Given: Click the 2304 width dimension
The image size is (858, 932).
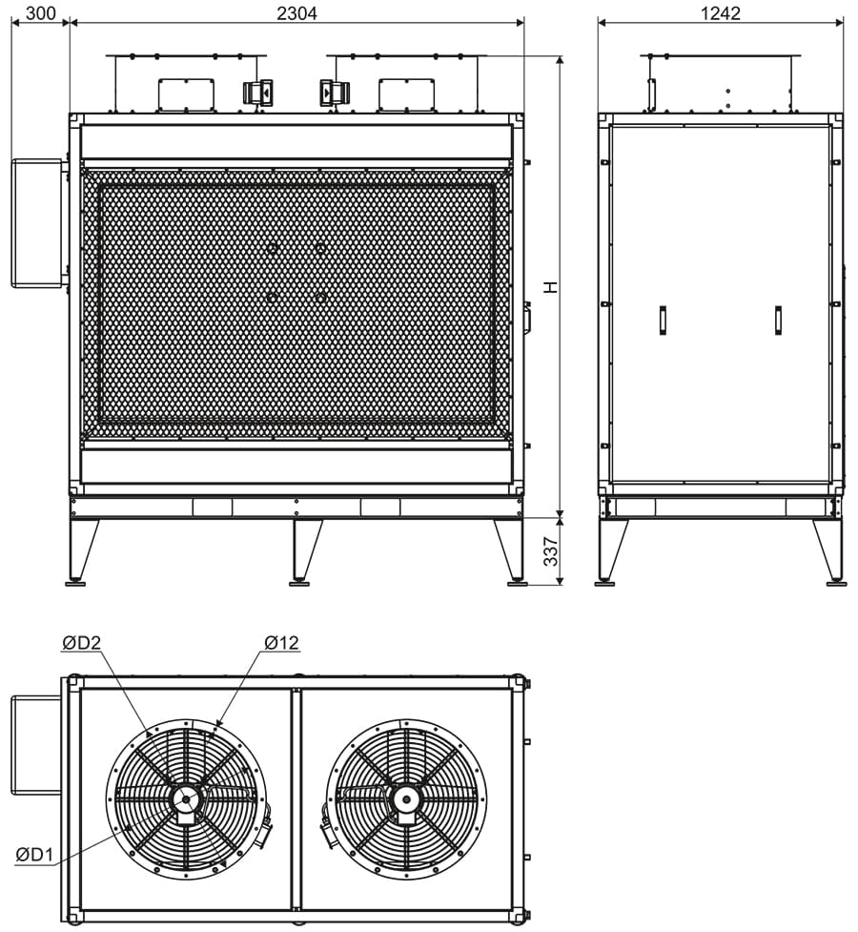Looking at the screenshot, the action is tap(296, 12).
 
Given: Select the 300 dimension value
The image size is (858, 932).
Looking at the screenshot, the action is tap(41, 12).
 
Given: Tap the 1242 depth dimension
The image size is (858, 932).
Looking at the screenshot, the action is tap(720, 12).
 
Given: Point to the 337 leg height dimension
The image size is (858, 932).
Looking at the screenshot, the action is tap(551, 551).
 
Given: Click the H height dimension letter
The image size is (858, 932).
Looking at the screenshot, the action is tap(551, 286).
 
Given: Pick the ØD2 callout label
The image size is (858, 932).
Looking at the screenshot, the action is tap(81, 643).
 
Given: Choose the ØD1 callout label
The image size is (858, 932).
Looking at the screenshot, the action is tap(34, 855).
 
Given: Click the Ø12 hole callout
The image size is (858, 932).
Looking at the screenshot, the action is tap(281, 643).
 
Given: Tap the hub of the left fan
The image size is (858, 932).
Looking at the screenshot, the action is tap(187, 799).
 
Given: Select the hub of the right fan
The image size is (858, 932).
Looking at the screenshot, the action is tap(406, 799).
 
